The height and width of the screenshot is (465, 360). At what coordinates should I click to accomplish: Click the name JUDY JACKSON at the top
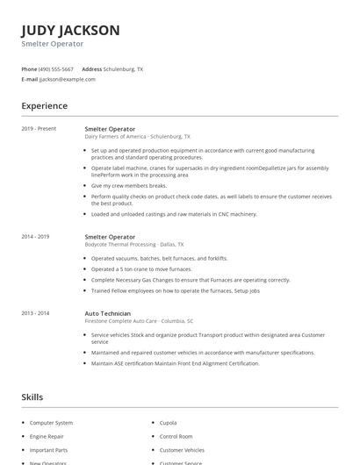pos(70,30)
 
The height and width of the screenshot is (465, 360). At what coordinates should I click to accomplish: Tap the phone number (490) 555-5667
pos(57,68)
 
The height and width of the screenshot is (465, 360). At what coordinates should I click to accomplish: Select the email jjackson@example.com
pos(68,79)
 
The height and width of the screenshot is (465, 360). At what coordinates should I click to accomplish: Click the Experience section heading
pos(44,106)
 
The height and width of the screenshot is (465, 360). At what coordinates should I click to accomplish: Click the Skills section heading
pos(32,397)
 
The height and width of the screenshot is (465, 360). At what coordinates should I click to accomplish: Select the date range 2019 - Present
pos(39,129)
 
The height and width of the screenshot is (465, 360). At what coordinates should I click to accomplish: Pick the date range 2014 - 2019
pos(35,237)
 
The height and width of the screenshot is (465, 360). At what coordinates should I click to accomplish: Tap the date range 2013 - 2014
pos(35,313)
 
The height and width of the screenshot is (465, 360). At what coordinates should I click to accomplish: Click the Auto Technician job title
pos(108,313)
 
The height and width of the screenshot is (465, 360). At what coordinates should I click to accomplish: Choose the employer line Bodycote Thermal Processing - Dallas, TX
pos(134,245)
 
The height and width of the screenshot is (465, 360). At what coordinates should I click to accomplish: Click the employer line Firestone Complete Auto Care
pos(139,321)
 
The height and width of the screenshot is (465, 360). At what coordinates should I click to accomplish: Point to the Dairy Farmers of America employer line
pos(137,137)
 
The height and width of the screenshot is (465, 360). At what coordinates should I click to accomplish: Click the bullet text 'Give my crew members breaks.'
pos(128,186)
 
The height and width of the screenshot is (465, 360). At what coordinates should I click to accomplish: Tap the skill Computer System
pos(51,423)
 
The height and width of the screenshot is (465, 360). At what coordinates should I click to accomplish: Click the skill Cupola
pos(168,423)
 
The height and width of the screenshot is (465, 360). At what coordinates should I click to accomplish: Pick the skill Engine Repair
pos(47,436)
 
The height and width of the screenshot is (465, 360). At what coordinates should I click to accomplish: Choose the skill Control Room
pos(176,436)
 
